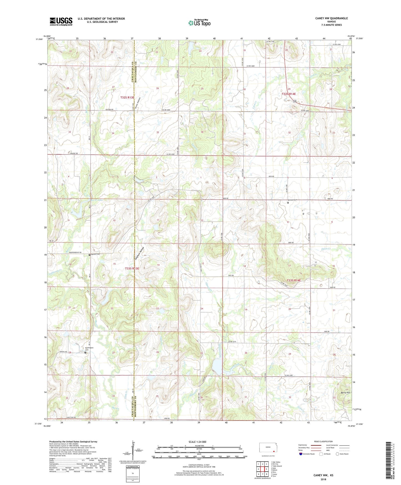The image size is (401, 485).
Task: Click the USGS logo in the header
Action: coord(61,21)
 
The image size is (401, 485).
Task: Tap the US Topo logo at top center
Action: coord(199,23)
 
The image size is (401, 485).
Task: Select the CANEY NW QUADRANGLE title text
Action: coord(331,18)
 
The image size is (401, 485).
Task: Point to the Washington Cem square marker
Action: coord(85,352)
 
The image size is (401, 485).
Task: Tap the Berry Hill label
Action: coord(345,392)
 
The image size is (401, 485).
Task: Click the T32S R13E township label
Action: coord(127,97)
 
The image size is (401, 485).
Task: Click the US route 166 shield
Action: coord(294,101)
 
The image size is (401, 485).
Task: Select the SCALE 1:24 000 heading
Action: coord(197,442)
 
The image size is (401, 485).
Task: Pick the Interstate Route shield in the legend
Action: coord(301,454)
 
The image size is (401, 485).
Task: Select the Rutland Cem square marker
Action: coord(288,203)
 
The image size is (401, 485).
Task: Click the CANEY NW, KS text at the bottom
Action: coord(323,475)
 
